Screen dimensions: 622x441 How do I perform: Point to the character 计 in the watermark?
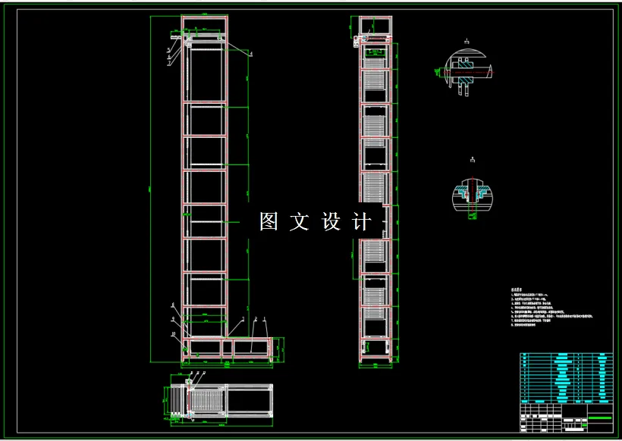coord(363,222)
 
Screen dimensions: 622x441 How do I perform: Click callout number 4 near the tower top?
coord(251,55)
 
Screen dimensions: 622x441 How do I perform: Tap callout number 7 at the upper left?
coord(168,64)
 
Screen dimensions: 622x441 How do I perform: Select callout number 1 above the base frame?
coord(265,319)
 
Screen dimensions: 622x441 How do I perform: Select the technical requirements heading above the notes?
coord(518,289)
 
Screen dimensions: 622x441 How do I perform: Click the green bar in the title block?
coord(600,418)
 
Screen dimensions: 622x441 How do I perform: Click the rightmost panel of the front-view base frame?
coord(251,347)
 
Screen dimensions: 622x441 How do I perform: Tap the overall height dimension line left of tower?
coord(152,189)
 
